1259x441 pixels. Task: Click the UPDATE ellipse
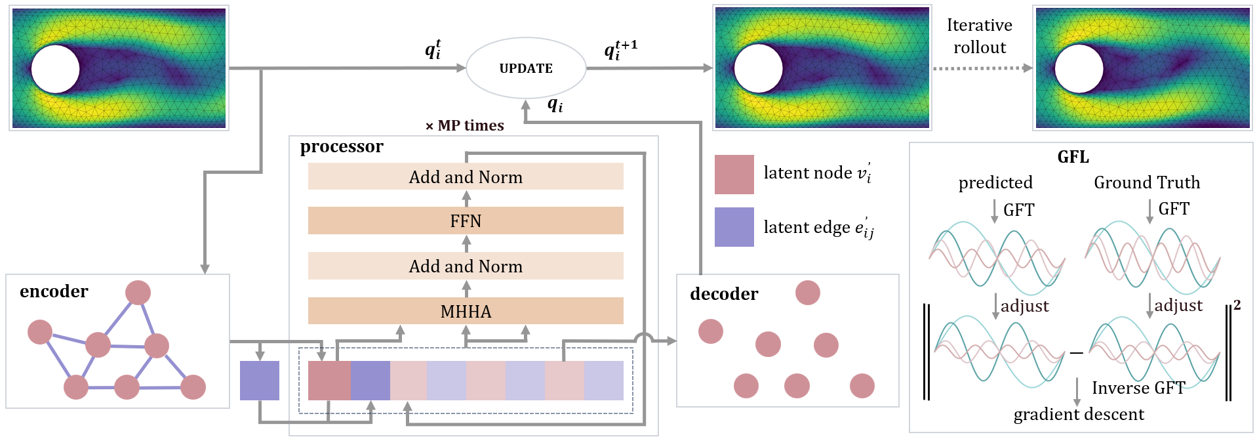[x=525, y=68]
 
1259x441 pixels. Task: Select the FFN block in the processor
[x=466, y=220]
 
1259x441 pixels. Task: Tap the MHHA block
[x=466, y=310]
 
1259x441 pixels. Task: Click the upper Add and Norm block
[x=466, y=177]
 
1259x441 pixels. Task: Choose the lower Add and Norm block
[x=466, y=266]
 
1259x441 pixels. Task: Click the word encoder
[x=54, y=291]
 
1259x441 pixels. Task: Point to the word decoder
[x=724, y=294]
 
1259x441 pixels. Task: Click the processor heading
[x=342, y=146]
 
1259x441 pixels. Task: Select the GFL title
[x=1073, y=157]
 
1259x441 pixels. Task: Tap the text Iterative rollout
[x=979, y=36]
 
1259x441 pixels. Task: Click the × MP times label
[x=465, y=125]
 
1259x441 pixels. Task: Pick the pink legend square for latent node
[x=734, y=175]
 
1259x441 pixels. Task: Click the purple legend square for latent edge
[x=734, y=227]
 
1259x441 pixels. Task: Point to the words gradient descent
[x=1079, y=415]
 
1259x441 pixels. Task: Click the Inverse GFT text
[x=1138, y=388]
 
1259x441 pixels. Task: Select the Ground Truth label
[x=1147, y=182]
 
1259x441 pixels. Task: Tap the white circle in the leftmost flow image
[x=55, y=69]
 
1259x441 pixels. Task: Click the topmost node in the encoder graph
[x=138, y=293]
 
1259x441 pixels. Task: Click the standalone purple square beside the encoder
[x=260, y=381]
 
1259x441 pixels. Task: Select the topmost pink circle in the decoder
[x=807, y=293]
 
